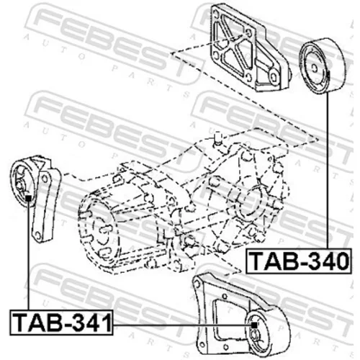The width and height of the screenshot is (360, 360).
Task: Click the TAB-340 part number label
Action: click(299, 261)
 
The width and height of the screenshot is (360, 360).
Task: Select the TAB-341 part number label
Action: click(61, 323)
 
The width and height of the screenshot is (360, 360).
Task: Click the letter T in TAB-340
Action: click(257, 261)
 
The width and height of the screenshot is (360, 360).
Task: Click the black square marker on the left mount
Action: click(28, 199)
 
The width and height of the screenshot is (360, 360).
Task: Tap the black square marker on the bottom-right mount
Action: click(254, 325)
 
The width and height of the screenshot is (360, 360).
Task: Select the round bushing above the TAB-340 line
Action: click(322, 66)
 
